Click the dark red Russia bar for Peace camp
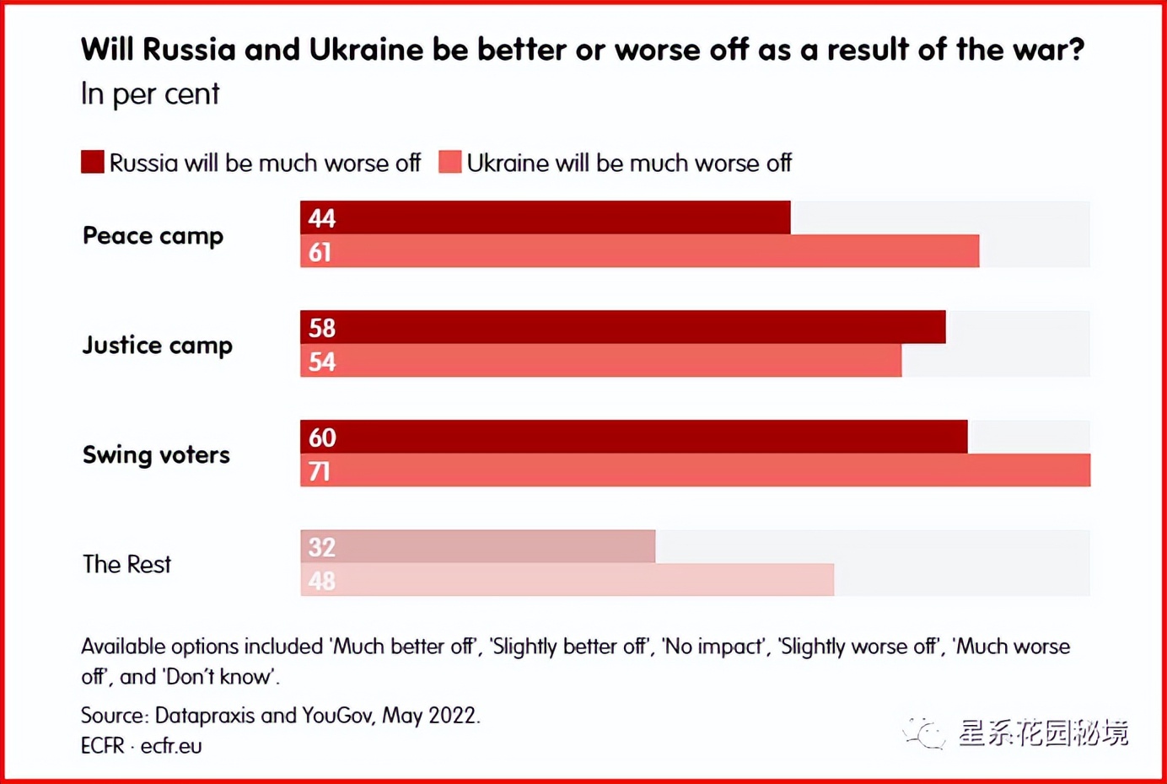546,217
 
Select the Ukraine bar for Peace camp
640,251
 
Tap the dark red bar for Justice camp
623,327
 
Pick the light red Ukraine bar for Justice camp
601,361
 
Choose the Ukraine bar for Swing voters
696,470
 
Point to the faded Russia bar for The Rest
478,546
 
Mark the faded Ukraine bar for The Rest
567,580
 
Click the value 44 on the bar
322,218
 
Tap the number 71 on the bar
320,471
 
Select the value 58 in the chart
322,328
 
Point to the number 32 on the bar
322,547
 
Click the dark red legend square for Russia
93,162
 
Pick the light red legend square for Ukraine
450,162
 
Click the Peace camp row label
153,236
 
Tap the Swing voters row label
156,455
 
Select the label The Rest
126,564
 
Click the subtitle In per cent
150,94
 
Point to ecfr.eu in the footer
171,746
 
